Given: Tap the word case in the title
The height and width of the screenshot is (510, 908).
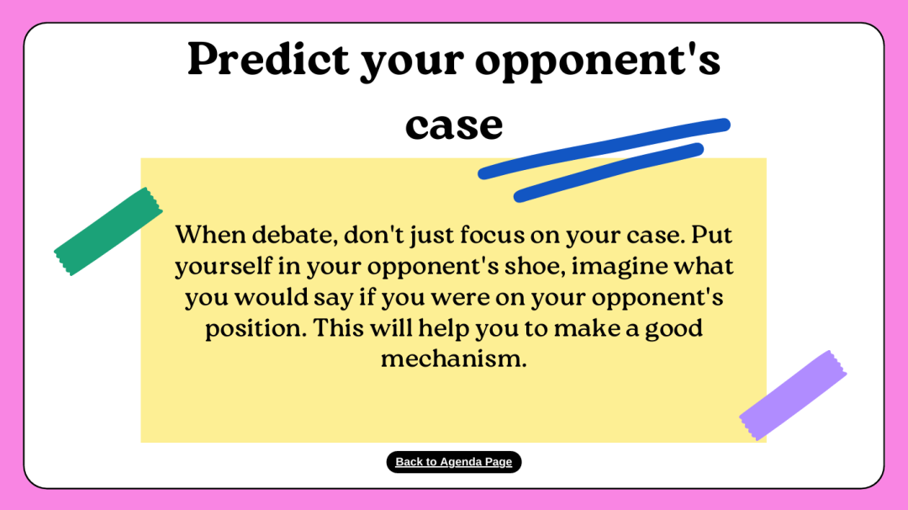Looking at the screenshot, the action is click(x=454, y=125).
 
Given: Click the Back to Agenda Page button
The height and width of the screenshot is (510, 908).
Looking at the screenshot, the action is click(x=454, y=462).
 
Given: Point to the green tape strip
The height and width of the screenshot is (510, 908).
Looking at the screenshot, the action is click(x=108, y=231).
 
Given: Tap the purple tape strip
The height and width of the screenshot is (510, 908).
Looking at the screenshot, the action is click(x=793, y=396).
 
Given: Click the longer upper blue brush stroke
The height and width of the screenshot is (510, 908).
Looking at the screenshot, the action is click(x=604, y=148).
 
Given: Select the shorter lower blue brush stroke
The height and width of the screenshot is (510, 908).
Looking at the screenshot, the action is click(x=609, y=173).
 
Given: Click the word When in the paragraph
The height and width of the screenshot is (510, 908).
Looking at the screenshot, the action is click(x=211, y=235).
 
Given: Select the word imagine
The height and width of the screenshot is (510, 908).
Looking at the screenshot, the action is click(x=620, y=267).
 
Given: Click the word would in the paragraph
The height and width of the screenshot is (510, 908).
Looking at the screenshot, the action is click(x=271, y=297).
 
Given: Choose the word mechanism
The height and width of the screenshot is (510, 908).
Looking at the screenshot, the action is click(x=454, y=359).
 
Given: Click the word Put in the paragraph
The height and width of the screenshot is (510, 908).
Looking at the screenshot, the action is click(x=712, y=235).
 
